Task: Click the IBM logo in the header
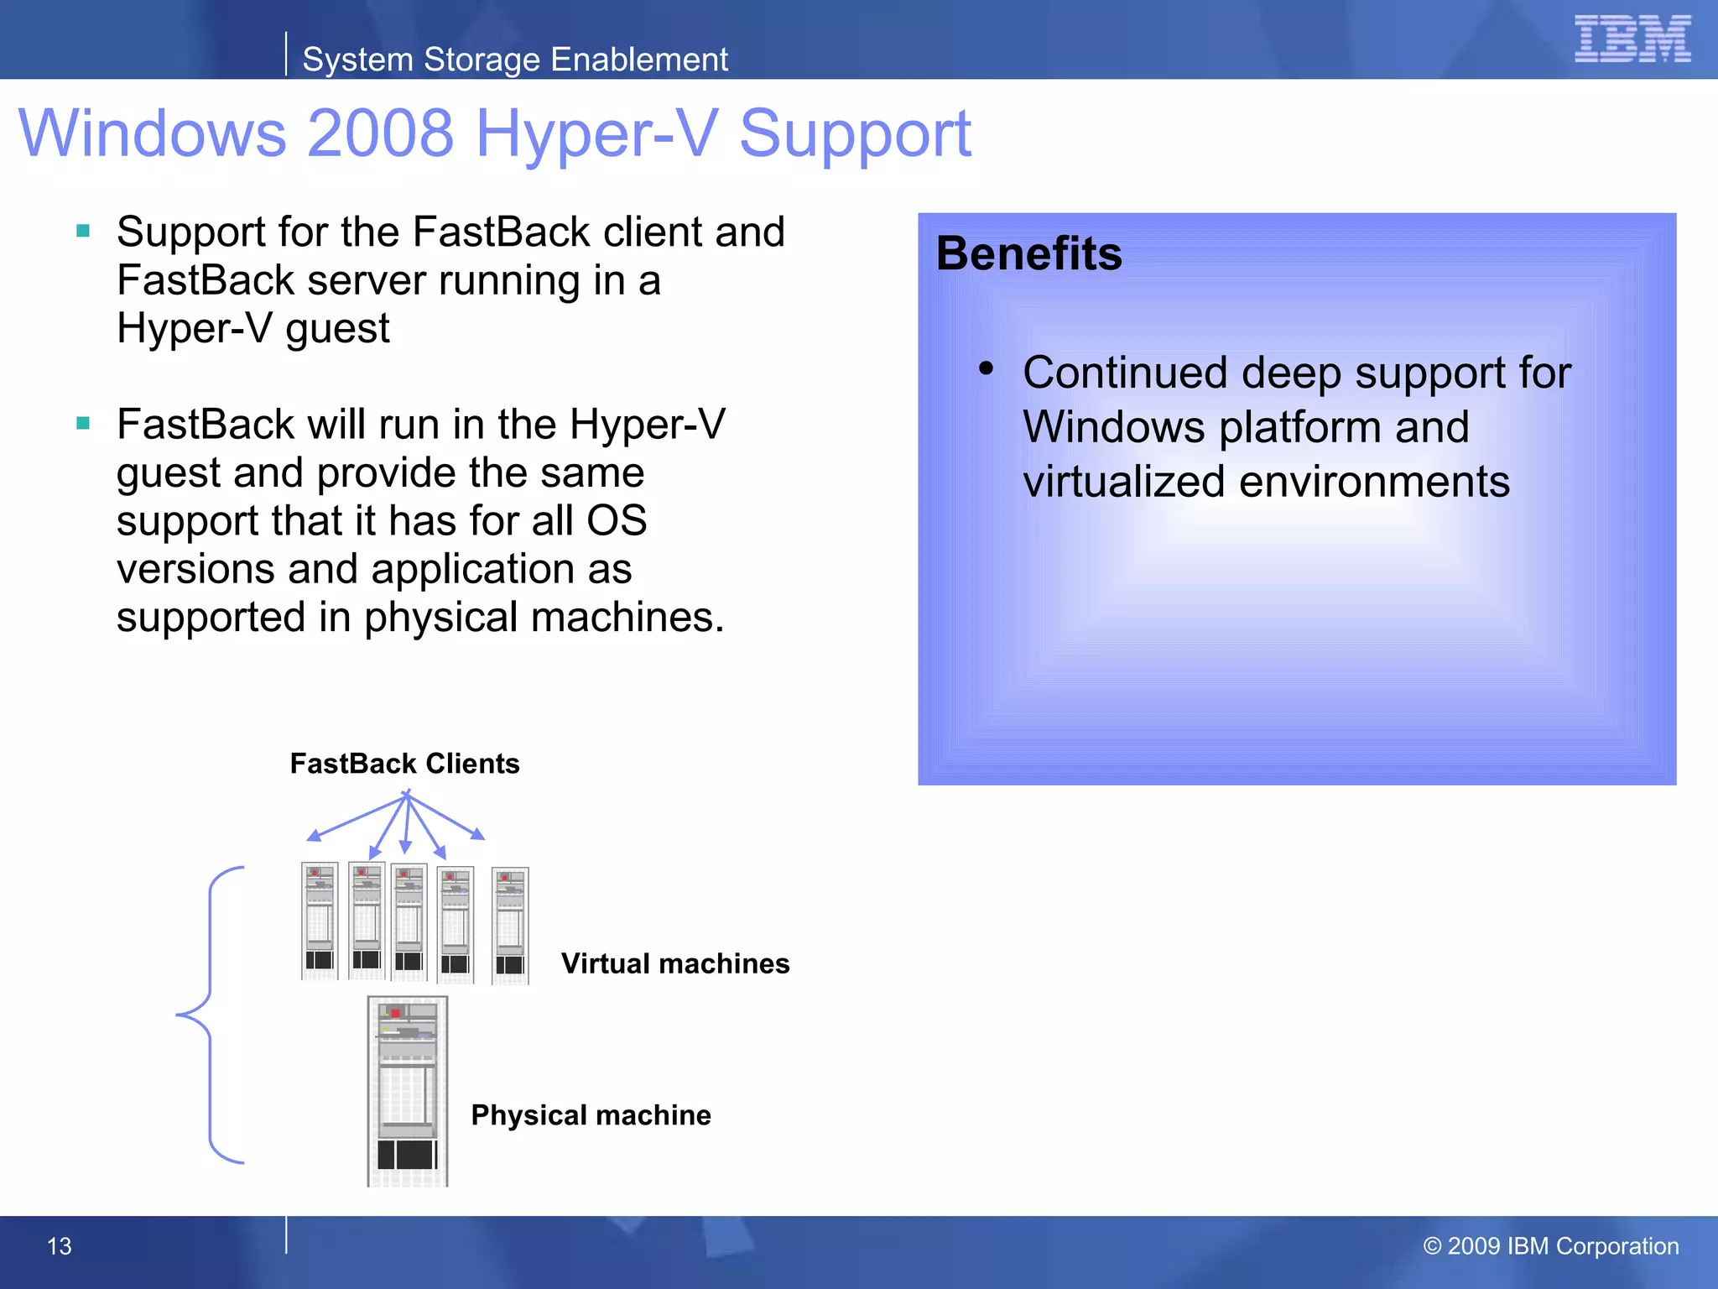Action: coord(1632,39)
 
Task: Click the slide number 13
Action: coord(60,1246)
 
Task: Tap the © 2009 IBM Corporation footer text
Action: coord(1550,1246)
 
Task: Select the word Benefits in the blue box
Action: coord(1028,253)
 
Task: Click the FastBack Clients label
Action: coord(404,764)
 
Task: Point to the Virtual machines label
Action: coord(675,963)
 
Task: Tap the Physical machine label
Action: coord(591,1115)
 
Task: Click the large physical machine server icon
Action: coord(408,1091)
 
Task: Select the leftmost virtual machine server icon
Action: coord(320,921)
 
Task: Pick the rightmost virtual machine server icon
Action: coord(510,926)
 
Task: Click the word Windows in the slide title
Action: coord(152,133)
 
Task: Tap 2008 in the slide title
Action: coord(381,133)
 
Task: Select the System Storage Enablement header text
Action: coord(514,60)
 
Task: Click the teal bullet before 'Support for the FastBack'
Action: coord(83,231)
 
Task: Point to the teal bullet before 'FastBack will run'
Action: coord(83,423)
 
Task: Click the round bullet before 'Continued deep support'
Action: coord(986,368)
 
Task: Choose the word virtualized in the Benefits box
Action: coord(1124,482)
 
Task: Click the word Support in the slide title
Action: coord(855,133)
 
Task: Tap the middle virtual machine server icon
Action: coord(409,921)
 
